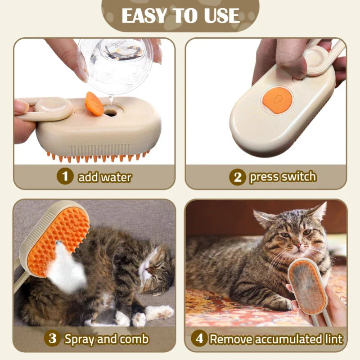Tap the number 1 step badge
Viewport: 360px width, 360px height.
[x=65, y=176]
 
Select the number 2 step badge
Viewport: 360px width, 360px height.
[x=237, y=177]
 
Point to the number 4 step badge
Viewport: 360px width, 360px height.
[x=199, y=338]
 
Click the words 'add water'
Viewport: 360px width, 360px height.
[x=104, y=177]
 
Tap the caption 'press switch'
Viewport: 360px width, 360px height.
[x=283, y=177]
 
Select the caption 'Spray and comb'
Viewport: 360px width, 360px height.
[x=106, y=338]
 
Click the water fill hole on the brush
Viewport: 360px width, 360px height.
[x=110, y=113]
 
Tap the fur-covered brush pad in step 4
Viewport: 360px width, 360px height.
[x=307, y=288]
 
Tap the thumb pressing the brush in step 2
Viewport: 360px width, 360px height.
[x=288, y=58]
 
